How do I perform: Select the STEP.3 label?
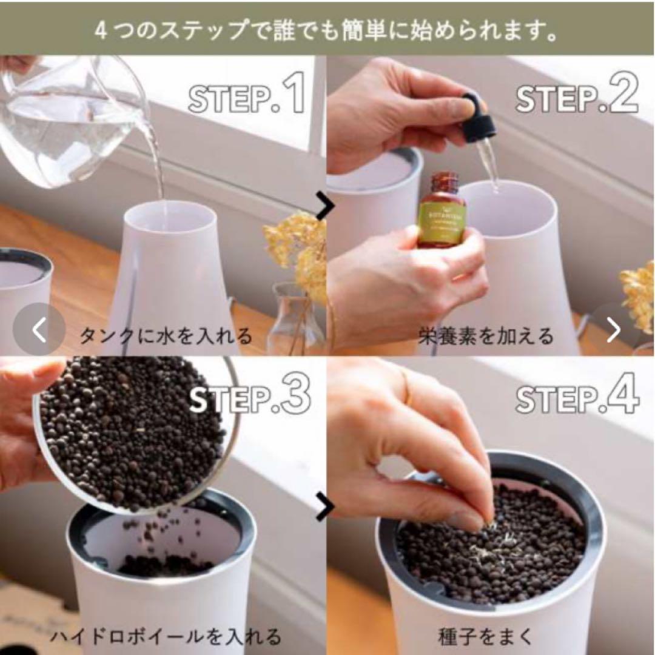(249, 397)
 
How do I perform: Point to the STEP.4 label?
(577, 397)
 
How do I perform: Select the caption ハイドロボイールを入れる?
(165, 636)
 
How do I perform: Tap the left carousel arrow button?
(39, 330)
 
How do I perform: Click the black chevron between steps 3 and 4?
(325, 507)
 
